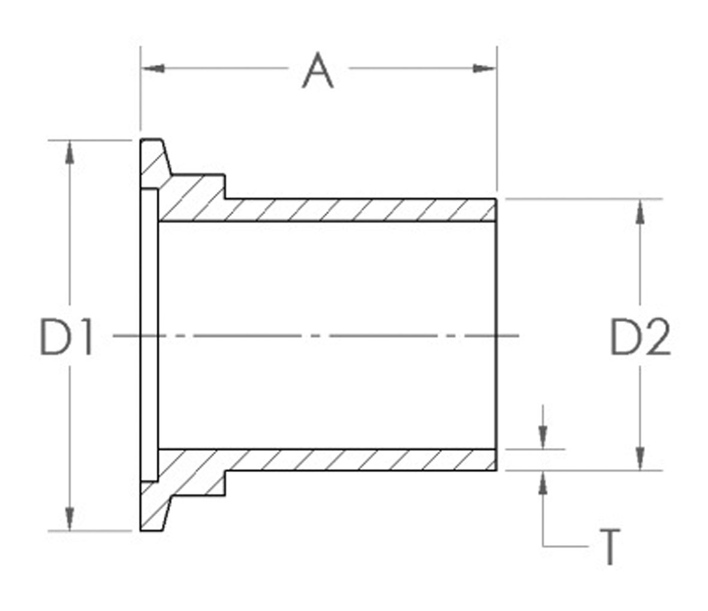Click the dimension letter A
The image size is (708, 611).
coord(317,71)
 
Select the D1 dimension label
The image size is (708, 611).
coord(66,338)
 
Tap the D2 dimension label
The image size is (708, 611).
coord(640,338)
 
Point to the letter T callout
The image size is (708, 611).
coord(608,547)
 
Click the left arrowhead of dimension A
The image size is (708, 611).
coord(153,68)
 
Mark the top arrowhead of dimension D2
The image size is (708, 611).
coord(640,210)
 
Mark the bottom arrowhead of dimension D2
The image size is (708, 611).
coord(640,458)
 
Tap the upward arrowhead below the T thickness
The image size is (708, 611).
coord(543,482)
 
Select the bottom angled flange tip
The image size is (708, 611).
coord(154,513)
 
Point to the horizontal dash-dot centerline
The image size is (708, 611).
coord(318,335)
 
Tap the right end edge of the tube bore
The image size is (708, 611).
coord(496,335)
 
